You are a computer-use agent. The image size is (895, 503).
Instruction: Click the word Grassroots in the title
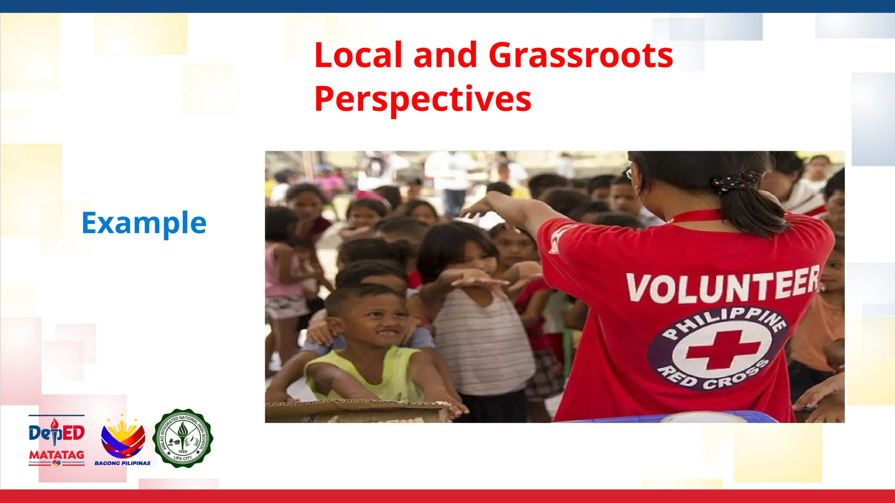tap(581, 55)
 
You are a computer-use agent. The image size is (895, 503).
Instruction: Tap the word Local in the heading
tap(358, 55)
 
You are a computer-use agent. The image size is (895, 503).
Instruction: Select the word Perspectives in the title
tap(423, 100)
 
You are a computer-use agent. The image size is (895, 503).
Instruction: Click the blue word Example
tap(144, 223)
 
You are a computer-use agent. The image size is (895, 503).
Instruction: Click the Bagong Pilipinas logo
tap(123, 441)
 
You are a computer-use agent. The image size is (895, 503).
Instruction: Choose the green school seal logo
tap(183, 438)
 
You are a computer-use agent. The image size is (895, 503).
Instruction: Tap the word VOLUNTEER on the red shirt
tap(723, 286)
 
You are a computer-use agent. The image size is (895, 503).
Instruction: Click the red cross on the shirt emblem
tap(722, 349)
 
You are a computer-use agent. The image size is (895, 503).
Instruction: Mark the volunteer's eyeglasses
tap(629, 173)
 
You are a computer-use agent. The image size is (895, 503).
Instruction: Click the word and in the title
tap(445, 55)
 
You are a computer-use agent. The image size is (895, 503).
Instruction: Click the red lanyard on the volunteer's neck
tap(695, 216)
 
